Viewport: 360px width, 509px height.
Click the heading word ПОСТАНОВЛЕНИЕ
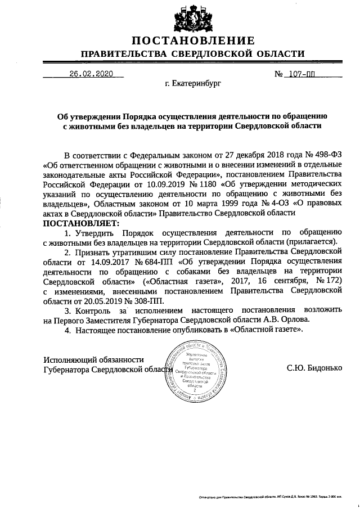pos(193,40)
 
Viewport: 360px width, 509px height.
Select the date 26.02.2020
pos(91,74)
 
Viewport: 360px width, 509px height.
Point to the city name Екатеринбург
pos(193,84)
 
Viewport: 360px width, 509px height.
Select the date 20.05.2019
pos(95,301)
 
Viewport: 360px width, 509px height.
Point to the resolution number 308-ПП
pos(146,301)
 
